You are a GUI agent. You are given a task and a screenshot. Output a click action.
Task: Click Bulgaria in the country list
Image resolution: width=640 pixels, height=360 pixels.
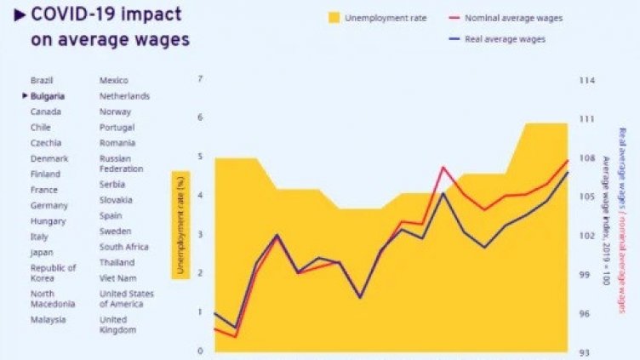coord(48,96)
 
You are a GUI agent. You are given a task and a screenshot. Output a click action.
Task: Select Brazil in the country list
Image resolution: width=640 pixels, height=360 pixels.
coord(42,80)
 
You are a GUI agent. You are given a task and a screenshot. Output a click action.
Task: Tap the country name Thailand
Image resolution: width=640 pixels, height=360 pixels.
coord(117,262)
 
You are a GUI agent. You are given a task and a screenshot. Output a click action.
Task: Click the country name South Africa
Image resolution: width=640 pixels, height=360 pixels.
coord(123,247)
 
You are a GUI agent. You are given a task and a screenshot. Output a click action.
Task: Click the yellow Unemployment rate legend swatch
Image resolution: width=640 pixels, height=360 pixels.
coord(334,17)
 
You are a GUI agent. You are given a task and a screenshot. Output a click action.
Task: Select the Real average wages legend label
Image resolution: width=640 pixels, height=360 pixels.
coord(505,39)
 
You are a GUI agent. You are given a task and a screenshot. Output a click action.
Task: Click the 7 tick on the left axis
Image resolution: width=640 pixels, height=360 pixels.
coord(200,79)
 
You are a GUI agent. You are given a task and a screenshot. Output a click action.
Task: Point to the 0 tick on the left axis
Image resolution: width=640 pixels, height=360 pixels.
coord(200,351)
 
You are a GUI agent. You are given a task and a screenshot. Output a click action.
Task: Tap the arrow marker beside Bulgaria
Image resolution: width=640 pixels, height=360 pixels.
coord(25,96)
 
